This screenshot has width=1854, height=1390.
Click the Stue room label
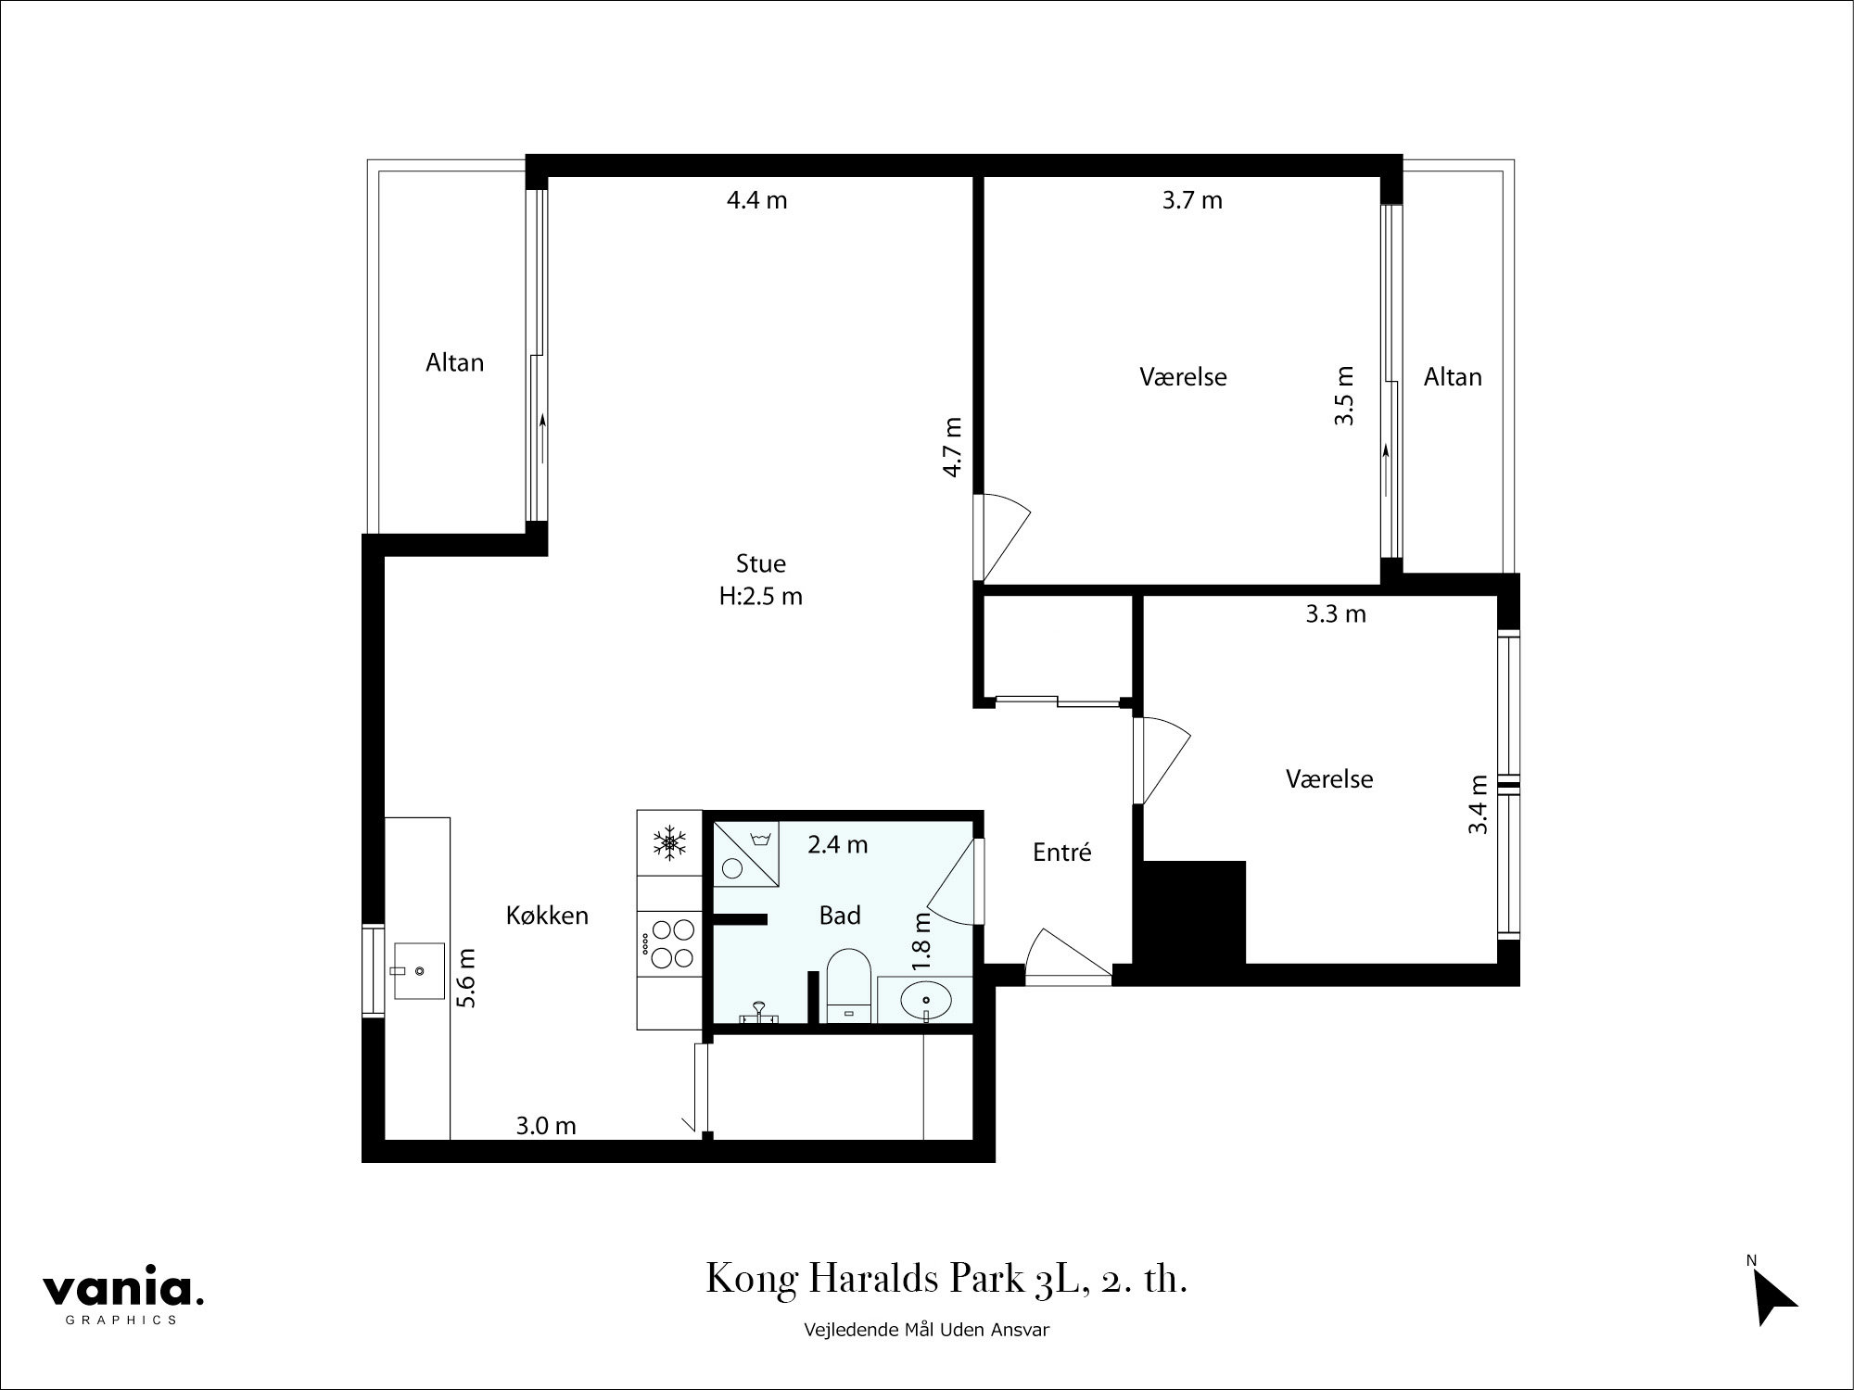click(x=761, y=563)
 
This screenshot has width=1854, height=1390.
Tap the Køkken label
click(x=547, y=916)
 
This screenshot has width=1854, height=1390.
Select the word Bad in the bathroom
click(x=840, y=916)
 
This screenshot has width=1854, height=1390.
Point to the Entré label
click(x=1062, y=852)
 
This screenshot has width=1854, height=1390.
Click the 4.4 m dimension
click(x=756, y=200)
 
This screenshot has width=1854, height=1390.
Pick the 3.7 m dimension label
click(x=1192, y=200)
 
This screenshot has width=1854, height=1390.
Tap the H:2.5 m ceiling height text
click(x=761, y=597)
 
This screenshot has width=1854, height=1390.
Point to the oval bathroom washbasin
click(x=925, y=1001)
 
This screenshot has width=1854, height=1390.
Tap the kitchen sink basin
click(x=419, y=970)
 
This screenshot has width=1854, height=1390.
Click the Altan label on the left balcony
click(x=454, y=362)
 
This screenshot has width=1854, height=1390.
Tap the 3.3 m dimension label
click(x=1336, y=614)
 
